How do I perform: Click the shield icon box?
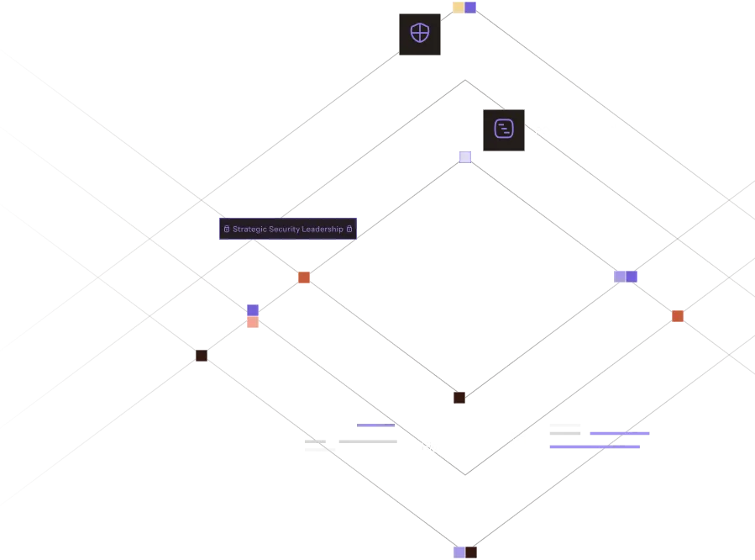[419, 34]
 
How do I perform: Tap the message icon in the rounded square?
[504, 129]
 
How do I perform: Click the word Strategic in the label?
[249, 230]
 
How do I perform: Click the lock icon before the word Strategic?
[227, 230]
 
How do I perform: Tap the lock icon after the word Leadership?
[349, 230]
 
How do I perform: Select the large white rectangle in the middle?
[466, 278]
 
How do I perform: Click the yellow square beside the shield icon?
[458, 8]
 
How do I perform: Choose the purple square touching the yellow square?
[470, 8]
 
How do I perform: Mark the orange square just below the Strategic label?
[304, 277]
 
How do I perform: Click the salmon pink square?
[253, 322]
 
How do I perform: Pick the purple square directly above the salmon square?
[253, 310]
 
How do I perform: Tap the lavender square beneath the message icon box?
[465, 156]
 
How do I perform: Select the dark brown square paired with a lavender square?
[471, 552]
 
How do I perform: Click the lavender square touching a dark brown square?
[458, 552]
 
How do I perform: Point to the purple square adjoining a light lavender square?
[632, 277]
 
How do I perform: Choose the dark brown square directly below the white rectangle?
[459, 397]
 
